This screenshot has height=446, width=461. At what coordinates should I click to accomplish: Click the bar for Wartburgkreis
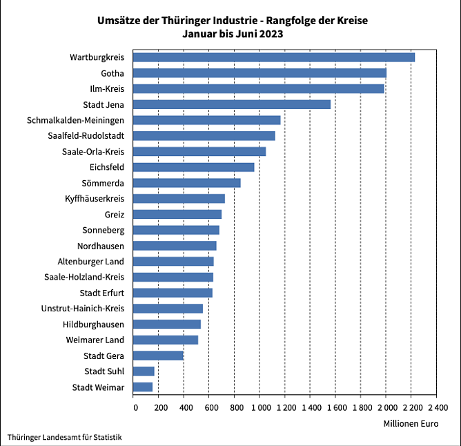273,57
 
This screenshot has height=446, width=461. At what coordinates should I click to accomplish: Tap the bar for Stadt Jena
231,104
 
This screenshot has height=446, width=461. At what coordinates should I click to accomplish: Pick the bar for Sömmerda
186,183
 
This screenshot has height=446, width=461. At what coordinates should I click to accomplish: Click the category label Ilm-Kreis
107,89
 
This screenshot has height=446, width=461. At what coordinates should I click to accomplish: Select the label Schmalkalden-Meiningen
76,120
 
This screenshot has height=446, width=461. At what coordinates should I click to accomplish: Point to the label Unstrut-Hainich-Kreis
83,309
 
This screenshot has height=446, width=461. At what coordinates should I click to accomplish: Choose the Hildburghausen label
93,324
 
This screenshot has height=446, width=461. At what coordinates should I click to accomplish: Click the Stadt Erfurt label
102,293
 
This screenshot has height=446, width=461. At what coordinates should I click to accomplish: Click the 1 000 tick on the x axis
259,407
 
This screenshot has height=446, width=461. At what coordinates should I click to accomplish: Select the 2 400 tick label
437,407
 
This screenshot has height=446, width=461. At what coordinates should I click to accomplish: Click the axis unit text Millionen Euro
410,423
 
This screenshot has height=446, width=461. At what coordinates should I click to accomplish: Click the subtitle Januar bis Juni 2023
233,33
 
